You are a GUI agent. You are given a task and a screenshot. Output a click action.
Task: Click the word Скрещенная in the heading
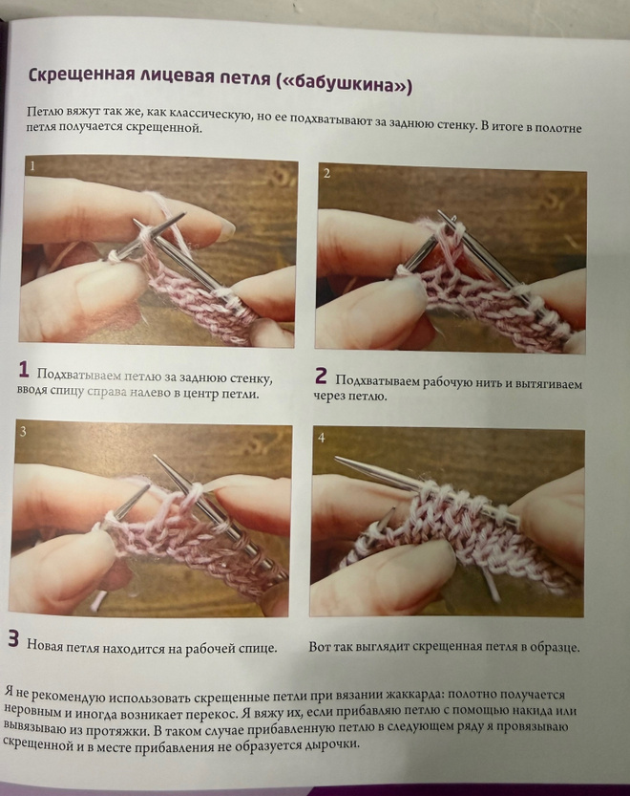point(75,75)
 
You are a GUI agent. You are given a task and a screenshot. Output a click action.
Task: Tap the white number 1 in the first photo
point(32,166)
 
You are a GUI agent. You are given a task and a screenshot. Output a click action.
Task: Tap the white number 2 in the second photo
point(326,174)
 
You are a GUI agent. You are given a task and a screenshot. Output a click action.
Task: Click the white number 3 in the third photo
point(23,432)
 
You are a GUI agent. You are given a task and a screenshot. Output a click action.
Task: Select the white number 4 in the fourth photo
point(321,438)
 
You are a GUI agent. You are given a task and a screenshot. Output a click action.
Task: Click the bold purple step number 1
point(23,370)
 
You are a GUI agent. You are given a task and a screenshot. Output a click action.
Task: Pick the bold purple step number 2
point(321,376)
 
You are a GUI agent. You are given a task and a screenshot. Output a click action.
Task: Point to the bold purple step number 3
point(13,638)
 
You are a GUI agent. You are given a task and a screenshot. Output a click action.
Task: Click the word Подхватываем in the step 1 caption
point(79,376)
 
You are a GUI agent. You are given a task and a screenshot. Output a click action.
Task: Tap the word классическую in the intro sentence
point(211,115)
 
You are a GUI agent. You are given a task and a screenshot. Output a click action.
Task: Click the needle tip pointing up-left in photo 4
point(338,460)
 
